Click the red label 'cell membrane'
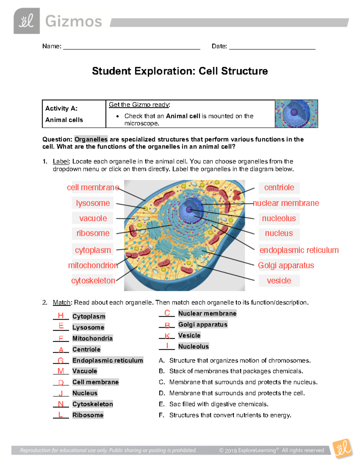[x=93, y=188]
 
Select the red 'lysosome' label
[x=93, y=203]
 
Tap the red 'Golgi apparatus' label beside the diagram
[x=286, y=266]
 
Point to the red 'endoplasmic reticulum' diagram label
[x=299, y=250]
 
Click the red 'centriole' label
[x=279, y=188]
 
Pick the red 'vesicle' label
[x=279, y=281]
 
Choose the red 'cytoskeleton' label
[x=93, y=281]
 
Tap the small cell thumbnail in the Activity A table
[x=296, y=114]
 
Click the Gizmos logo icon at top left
[x=27, y=21]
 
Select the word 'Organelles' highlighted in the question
[x=91, y=140]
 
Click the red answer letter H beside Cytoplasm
[x=61, y=315]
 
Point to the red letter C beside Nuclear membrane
[x=167, y=313]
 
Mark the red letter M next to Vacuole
[x=61, y=371]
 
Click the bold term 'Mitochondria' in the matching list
[x=92, y=338]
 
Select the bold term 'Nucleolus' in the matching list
[x=193, y=347]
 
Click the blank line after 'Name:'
[x=131, y=47]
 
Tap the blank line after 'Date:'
[x=272, y=47]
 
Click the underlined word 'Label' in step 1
[x=61, y=161]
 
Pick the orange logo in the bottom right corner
[x=343, y=449]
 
